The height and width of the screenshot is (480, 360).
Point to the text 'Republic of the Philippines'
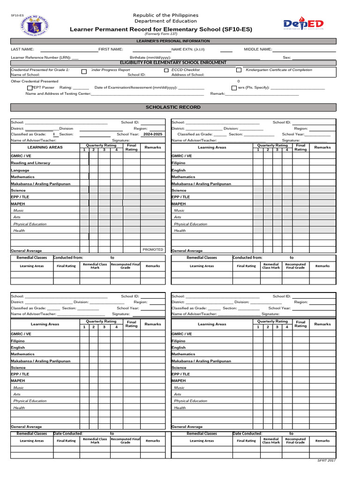(165, 15)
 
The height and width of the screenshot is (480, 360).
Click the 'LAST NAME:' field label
(22, 49)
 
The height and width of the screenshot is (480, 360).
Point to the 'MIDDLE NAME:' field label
(258, 49)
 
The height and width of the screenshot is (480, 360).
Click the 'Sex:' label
(287, 58)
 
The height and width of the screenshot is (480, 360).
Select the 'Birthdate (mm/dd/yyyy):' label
(150, 58)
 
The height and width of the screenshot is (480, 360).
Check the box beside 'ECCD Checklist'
(166, 70)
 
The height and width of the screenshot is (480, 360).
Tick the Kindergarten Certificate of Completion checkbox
(239, 70)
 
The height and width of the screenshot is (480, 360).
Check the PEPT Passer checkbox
(30, 88)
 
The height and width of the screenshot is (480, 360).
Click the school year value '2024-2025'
(153, 134)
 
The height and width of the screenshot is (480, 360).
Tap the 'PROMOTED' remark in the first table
(153, 250)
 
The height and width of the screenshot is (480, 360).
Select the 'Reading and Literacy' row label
(30, 163)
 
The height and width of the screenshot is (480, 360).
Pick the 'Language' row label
(20, 170)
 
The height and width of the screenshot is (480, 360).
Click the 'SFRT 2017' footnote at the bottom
(327, 461)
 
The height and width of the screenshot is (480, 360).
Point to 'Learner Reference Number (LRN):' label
(41, 58)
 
